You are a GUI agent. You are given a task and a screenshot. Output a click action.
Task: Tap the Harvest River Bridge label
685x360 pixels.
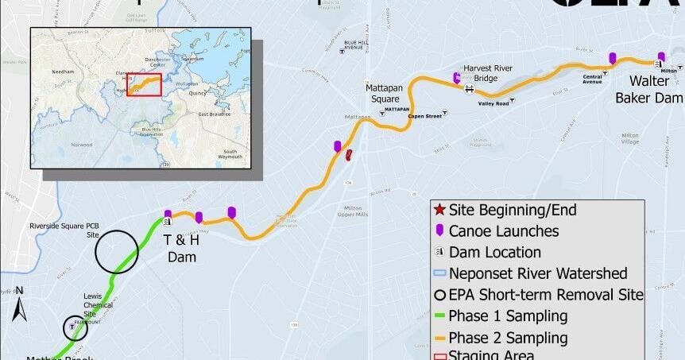point(492,73)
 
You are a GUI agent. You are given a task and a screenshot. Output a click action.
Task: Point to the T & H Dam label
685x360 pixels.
point(180,247)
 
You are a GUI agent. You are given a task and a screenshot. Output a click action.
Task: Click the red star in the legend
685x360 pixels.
point(439,211)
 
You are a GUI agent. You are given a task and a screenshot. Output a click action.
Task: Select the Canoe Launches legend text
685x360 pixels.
point(503,231)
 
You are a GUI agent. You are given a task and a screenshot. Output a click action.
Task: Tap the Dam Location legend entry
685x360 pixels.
point(494,253)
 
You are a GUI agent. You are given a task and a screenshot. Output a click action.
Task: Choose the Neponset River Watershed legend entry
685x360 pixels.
point(538,273)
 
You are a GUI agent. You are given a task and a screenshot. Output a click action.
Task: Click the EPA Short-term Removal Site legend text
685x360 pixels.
point(546,295)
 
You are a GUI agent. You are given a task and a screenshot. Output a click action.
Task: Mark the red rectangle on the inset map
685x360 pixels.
point(144,84)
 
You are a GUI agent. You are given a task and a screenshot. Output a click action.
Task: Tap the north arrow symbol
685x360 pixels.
point(21,304)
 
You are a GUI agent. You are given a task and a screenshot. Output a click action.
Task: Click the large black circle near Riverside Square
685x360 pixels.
point(117,251)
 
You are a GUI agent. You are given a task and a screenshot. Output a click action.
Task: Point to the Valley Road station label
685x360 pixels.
point(493,103)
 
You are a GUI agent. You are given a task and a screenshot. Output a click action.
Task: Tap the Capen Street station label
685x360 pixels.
point(424,116)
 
